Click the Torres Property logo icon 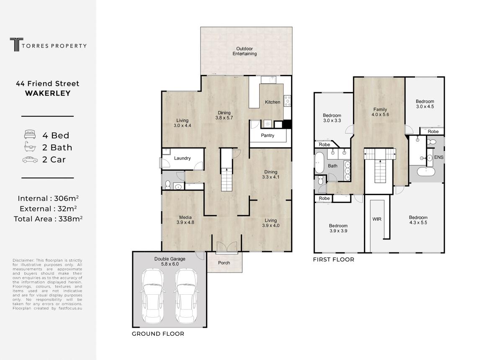coord(17,44)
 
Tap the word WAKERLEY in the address coord(48,93)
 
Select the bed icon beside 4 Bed coord(30,134)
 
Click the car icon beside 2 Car coord(30,160)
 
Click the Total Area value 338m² coord(70,219)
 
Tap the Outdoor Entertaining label coord(245,51)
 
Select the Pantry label coord(268,136)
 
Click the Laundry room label coord(182,158)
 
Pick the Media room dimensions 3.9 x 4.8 coord(186,222)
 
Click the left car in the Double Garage coord(153,296)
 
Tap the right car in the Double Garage coord(186,296)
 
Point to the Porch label coord(224,263)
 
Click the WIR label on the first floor coord(377,219)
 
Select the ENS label coord(438,157)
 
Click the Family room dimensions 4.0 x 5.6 coord(380,115)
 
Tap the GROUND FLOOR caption coord(158,334)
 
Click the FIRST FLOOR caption coord(333,260)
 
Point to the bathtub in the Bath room coord(320,162)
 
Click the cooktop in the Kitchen coord(287,101)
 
